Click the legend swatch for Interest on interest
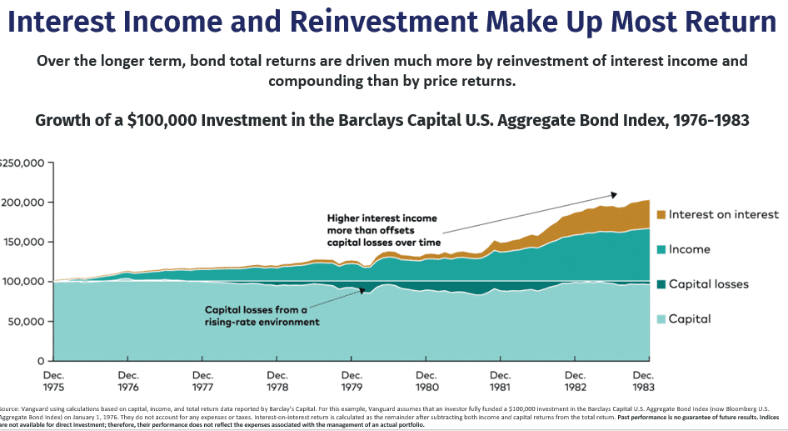tap(661, 215)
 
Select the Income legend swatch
tap(661, 249)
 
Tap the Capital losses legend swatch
tap(661, 284)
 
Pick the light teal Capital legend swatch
tap(661, 318)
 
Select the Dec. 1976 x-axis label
tap(128, 381)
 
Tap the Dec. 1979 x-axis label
tap(352, 381)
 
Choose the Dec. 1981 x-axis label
tap(501, 381)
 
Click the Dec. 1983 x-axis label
tap(642, 381)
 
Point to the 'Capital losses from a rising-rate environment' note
tap(262, 315)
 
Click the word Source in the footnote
tap(8, 408)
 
